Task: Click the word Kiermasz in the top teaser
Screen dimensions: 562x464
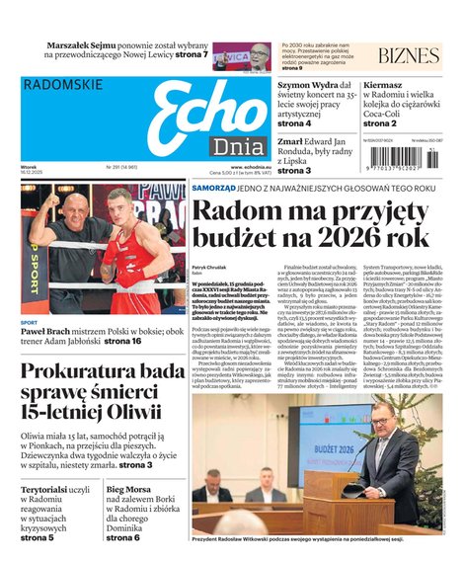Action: click(x=383, y=86)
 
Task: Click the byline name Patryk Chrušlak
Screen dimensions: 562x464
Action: click(x=210, y=268)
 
